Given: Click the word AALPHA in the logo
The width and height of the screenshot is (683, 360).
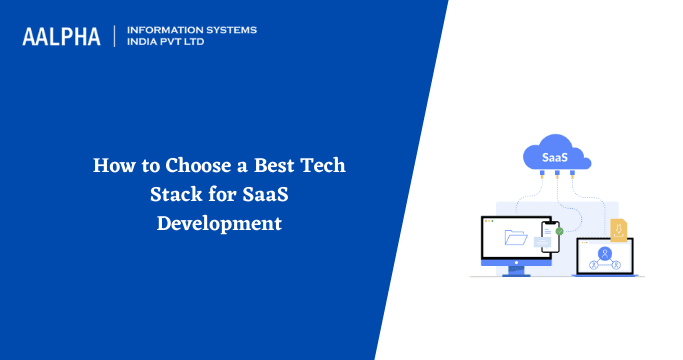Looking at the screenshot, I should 63,37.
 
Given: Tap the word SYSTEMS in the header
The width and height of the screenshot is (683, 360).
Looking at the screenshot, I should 231,30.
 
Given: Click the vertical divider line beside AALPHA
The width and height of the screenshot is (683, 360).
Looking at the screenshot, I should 115,36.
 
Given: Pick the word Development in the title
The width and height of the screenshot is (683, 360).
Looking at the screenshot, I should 219,223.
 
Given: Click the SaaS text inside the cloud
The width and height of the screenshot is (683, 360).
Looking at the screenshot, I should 554,158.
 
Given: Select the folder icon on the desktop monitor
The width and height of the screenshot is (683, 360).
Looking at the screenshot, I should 516,238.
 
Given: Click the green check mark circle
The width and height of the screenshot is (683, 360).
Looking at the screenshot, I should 559,231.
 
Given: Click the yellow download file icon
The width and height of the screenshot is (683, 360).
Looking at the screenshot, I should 619,230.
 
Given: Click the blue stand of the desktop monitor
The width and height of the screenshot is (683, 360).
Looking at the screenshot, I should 515,268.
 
